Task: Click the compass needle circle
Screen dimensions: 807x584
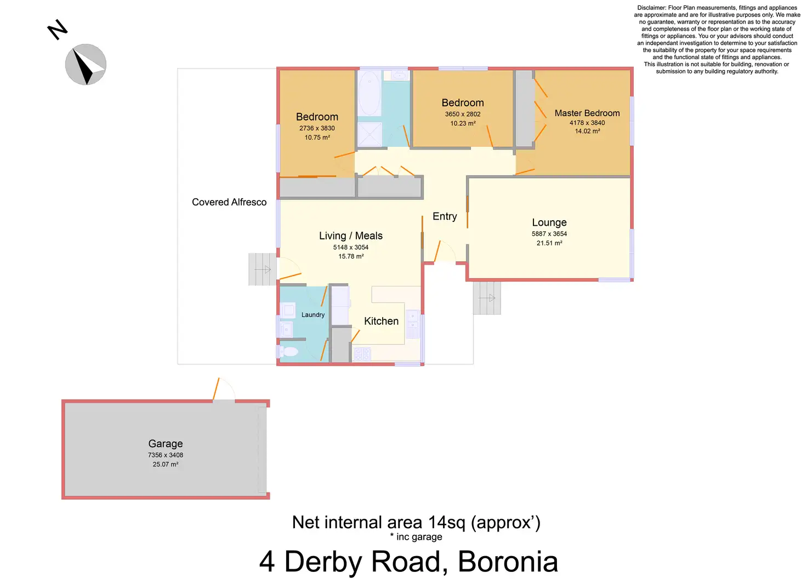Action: pos(86,65)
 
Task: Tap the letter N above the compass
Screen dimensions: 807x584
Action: pos(57,30)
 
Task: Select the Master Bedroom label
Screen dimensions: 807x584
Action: pos(587,113)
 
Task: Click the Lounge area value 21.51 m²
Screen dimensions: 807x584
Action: pos(549,243)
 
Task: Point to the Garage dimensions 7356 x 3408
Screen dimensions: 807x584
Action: pos(166,455)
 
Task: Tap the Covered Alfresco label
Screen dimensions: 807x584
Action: pos(229,202)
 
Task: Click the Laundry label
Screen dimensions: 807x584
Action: pos(312,314)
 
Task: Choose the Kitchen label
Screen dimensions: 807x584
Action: pos(381,321)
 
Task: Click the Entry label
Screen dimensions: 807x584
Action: pos(445,216)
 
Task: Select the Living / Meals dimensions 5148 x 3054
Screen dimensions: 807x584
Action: pos(350,248)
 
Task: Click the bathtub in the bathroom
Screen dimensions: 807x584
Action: pos(370,93)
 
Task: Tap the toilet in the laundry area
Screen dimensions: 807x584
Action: pos(288,351)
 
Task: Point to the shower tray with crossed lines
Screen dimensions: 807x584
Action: pos(370,134)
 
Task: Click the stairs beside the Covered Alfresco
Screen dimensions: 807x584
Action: pos(262,270)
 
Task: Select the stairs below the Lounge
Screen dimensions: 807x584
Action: pos(487,298)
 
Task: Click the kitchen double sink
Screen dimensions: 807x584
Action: pos(413,324)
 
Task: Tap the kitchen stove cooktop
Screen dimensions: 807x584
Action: pos(362,354)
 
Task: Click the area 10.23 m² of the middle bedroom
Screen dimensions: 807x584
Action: pos(463,123)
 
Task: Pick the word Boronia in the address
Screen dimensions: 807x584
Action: pos(508,562)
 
